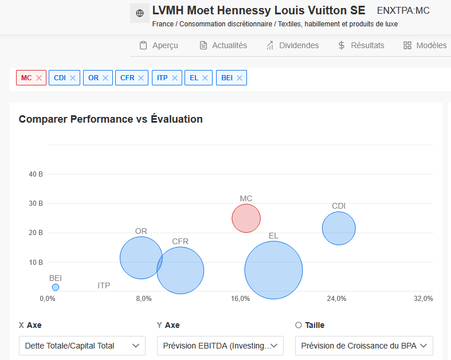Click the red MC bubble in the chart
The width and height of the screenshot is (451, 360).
tap(246, 218)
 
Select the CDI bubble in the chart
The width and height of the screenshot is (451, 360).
tap(339, 228)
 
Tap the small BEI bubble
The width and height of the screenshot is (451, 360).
tap(56, 287)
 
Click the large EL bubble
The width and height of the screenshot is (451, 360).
tap(273, 270)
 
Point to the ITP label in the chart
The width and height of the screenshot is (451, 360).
tap(104, 285)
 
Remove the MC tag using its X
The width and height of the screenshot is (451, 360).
tap(39, 78)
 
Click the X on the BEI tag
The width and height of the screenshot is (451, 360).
tap(240, 78)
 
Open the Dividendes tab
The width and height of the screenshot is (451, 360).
tap(292, 45)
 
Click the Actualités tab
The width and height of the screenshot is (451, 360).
tap(223, 45)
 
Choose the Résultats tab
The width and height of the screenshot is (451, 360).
tap(361, 45)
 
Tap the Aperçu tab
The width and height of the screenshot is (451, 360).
tap(159, 45)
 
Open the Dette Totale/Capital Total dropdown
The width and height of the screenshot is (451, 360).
tap(83, 346)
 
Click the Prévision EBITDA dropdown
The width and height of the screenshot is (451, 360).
tap(220, 346)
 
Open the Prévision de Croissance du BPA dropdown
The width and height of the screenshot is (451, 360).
tap(364, 346)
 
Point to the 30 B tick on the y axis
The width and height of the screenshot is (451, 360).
tap(36, 204)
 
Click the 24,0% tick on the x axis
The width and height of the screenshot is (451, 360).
tap(336, 299)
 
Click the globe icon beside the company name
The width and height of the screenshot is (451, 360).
tap(140, 13)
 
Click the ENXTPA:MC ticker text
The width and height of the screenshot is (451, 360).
tap(403, 11)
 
